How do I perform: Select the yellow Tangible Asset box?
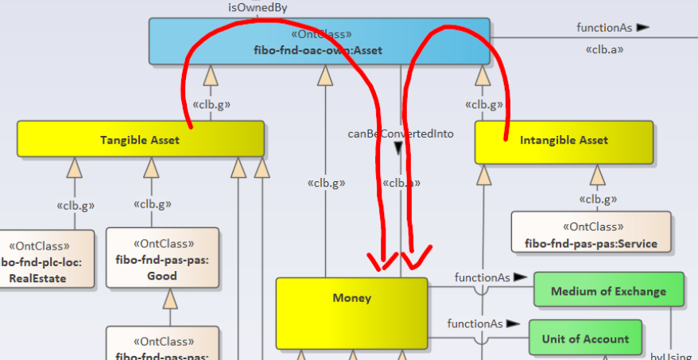(x=140, y=139)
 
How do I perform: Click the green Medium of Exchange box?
(x=608, y=290)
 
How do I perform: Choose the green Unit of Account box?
(x=585, y=338)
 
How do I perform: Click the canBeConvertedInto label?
(x=401, y=134)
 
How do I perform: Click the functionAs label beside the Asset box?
(x=604, y=28)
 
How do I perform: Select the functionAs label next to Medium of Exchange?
(x=479, y=277)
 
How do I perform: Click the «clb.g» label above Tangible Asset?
(x=211, y=104)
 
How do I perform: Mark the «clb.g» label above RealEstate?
(x=76, y=205)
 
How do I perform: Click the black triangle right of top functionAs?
(x=643, y=28)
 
